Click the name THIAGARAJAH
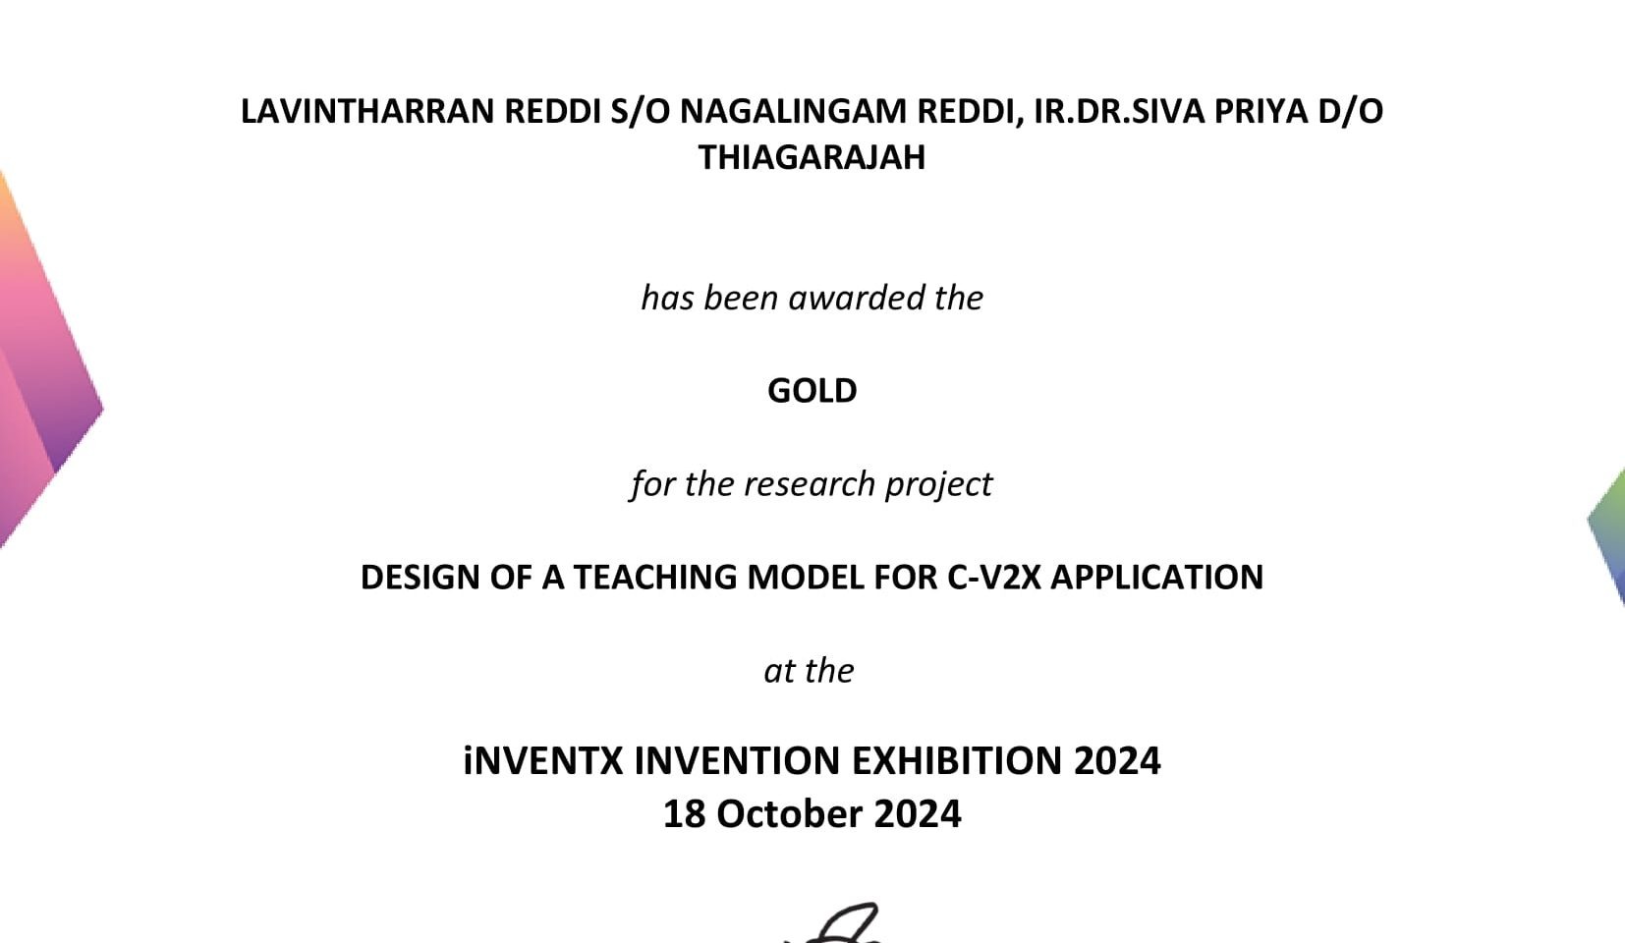click(x=812, y=158)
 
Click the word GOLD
click(x=812, y=391)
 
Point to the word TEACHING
click(x=655, y=578)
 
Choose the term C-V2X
click(x=994, y=578)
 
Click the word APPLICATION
click(x=1157, y=578)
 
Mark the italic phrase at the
click(x=809, y=671)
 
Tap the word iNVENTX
click(x=543, y=761)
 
